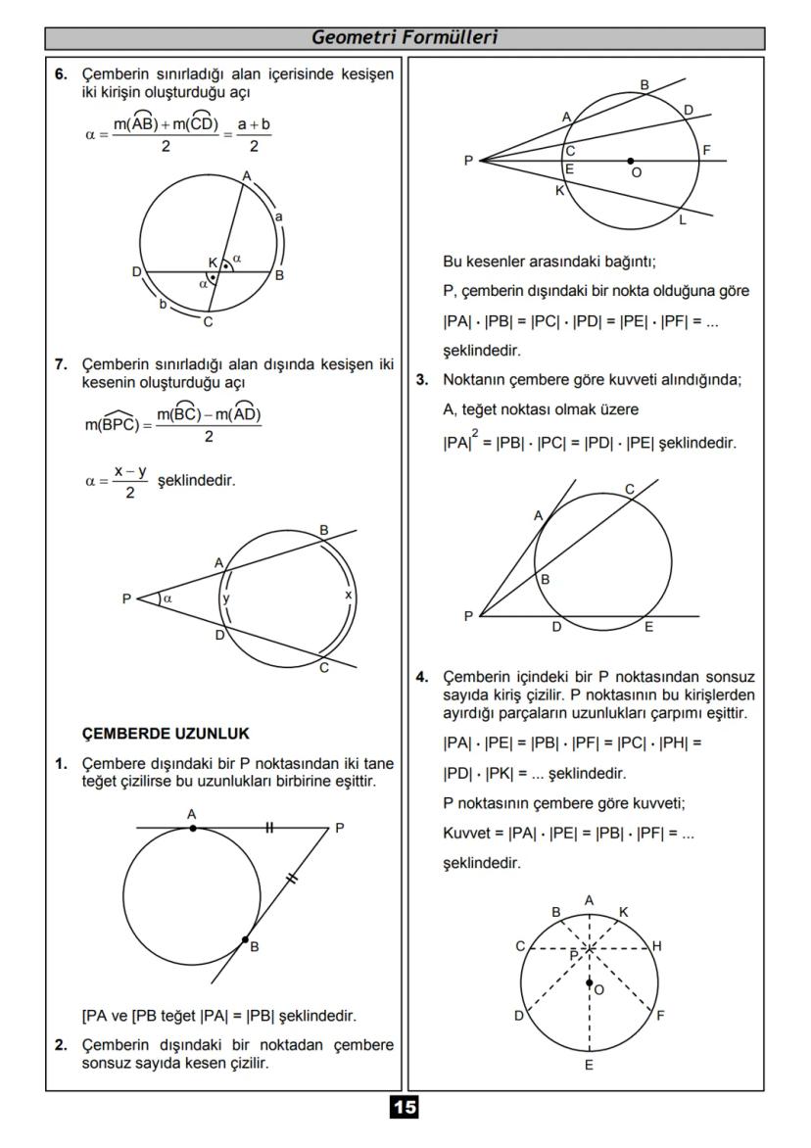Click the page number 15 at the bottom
coord(404,1107)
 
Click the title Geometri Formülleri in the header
coord(405,38)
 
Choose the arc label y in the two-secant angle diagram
coord(225,597)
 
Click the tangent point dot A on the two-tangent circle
coord(193,828)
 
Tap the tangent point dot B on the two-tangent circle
coord(245,939)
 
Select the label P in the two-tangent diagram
coord(339,828)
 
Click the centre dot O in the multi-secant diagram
coord(630,161)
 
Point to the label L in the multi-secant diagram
coord(683,220)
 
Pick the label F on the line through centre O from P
coord(706,150)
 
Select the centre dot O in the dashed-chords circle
coord(589,982)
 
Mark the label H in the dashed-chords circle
coord(656,945)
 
